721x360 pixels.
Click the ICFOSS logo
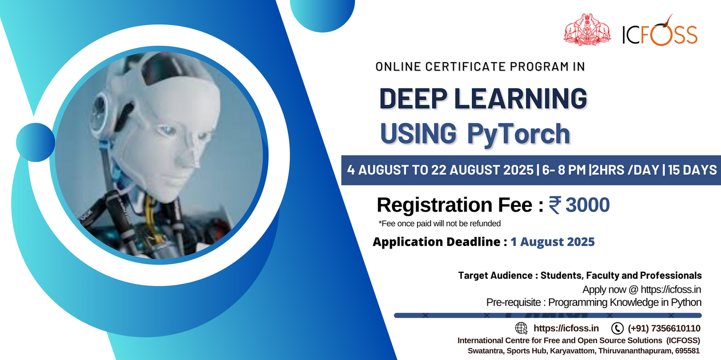coord(660,30)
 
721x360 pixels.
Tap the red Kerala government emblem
coord(587,30)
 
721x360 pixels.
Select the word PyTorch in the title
coord(519,133)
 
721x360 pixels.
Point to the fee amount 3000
coord(588,205)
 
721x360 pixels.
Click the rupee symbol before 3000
coord(555,205)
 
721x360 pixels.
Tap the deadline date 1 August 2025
coord(553,242)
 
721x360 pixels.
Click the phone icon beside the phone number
coord(617,328)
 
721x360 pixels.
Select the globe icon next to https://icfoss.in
coord(521,328)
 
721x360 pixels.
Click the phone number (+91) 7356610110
coord(664,328)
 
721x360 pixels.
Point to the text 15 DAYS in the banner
coord(692,170)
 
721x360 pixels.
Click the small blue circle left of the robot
coord(35,142)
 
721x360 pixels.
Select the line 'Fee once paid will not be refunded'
coord(439,224)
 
